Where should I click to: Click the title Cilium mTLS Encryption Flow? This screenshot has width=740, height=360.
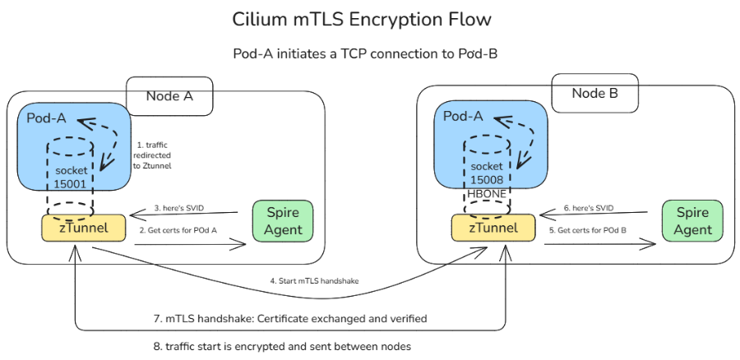click(x=369, y=19)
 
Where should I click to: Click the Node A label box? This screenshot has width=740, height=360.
click(x=169, y=96)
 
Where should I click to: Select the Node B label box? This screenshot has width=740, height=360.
click(x=594, y=93)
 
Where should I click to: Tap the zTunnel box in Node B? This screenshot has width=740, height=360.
click(x=488, y=228)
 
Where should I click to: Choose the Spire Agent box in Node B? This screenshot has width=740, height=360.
click(x=692, y=221)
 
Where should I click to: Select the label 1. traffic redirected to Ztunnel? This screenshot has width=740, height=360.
click(x=154, y=155)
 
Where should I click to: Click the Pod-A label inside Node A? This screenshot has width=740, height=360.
click(x=49, y=118)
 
